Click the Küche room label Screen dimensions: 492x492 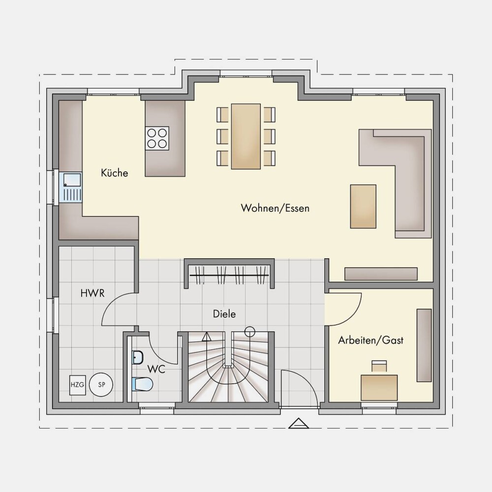115,173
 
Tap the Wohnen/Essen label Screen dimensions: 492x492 275,208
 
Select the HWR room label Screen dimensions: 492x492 92,293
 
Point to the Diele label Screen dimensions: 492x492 224,314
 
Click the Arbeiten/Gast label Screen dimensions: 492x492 370,340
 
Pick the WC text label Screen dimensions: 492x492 156,369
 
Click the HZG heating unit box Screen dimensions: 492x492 77,385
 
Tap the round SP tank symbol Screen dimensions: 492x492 101,385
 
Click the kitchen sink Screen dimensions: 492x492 72,187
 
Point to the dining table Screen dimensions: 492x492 246,136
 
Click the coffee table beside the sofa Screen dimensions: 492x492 363,206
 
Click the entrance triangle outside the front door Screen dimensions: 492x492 299,423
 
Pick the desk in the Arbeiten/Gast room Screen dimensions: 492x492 379,388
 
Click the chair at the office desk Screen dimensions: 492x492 379,367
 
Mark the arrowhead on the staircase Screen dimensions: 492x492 206,337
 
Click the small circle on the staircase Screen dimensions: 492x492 249,332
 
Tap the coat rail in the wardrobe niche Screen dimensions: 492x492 229,275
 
